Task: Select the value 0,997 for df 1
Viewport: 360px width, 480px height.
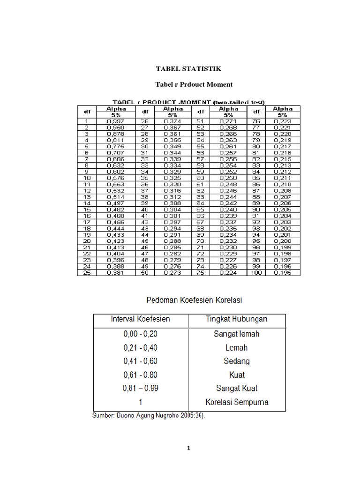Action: click(115, 121)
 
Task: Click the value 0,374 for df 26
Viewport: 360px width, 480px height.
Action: click(172, 121)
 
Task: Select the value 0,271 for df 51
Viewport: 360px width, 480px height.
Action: click(228, 121)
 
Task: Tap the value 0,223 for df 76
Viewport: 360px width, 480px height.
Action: click(282, 121)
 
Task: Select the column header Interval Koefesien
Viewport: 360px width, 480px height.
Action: click(140, 319)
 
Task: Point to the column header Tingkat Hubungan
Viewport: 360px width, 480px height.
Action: click(237, 319)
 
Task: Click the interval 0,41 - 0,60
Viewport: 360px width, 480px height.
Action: click(140, 361)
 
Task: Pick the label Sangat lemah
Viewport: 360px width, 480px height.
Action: click(236, 334)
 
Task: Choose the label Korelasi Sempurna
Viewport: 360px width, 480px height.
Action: click(237, 402)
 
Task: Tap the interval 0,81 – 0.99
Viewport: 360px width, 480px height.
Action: click(140, 389)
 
